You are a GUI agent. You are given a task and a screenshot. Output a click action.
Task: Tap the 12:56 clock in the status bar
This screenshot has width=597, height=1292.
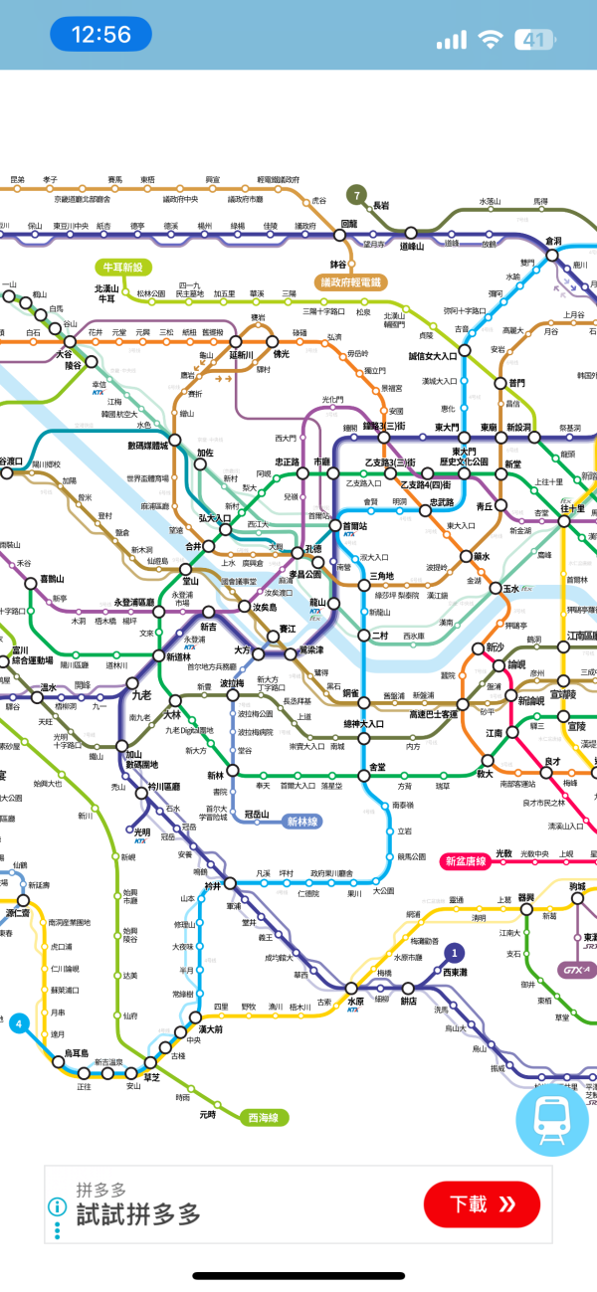(100, 35)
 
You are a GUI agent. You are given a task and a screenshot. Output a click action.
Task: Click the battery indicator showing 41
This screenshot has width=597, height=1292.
(533, 40)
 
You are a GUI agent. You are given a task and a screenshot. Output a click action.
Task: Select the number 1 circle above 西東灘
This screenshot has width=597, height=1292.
(455, 954)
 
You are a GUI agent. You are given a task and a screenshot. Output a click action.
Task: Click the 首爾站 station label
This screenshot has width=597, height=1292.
(355, 525)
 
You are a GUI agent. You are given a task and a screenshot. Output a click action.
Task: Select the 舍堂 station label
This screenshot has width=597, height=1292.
(377, 767)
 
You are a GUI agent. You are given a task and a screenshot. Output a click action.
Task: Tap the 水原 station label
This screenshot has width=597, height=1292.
(355, 1002)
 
